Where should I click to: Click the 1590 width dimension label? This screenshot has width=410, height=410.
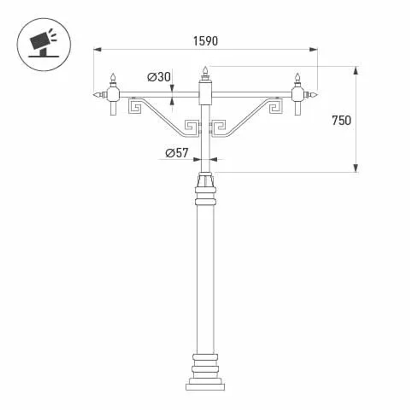click(205, 41)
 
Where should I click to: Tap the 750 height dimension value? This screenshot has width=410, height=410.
click(341, 121)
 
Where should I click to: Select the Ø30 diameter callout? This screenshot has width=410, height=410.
click(158, 77)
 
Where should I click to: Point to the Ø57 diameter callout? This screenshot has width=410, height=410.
click(177, 153)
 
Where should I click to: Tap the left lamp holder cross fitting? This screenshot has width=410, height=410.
click(113, 95)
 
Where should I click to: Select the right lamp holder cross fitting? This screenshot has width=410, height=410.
click(298, 95)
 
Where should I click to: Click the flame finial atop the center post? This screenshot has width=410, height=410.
click(205, 73)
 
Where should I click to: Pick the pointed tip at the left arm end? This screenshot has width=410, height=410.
click(97, 95)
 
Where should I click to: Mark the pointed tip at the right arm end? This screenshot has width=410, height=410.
click(314, 95)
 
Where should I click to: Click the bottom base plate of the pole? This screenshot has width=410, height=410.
click(205, 387)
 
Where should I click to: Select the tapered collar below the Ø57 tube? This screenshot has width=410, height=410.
click(205, 180)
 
